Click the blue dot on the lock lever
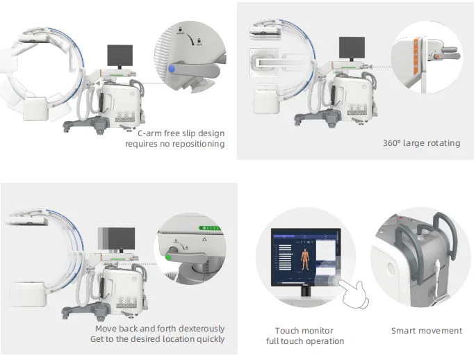click(171, 69)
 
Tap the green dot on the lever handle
click(168, 257)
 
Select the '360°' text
click(394, 143)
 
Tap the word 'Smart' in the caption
click(404, 331)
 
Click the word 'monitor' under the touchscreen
click(318, 331)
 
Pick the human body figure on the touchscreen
click(304, 258)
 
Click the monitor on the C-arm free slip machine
click(120, 56)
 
